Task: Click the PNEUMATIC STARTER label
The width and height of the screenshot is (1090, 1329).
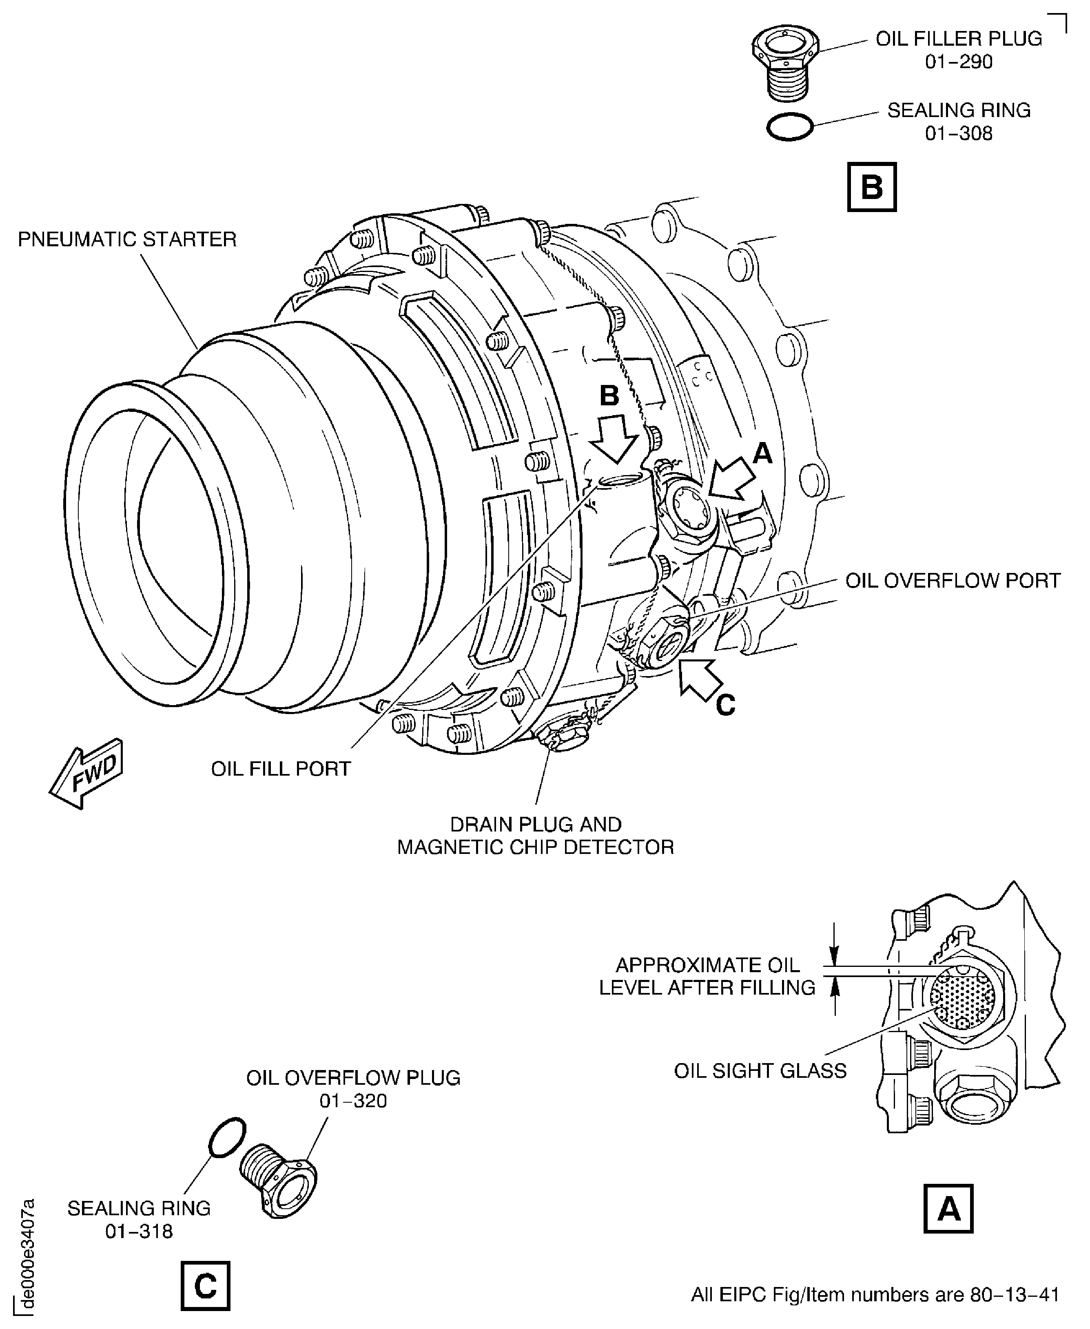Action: point(127,240)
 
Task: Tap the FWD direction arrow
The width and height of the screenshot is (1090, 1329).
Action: point(86,774)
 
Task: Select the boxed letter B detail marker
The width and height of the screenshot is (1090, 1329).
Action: point(871,187)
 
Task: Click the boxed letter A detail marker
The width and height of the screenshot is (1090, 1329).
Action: point(948,1208)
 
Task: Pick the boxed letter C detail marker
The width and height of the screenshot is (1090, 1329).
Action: point(205,1286)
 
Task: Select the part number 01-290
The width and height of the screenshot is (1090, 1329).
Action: point(959,62)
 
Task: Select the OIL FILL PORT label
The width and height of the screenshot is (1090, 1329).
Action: point(281,769)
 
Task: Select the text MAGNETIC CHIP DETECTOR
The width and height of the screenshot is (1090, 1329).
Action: point(536,847)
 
